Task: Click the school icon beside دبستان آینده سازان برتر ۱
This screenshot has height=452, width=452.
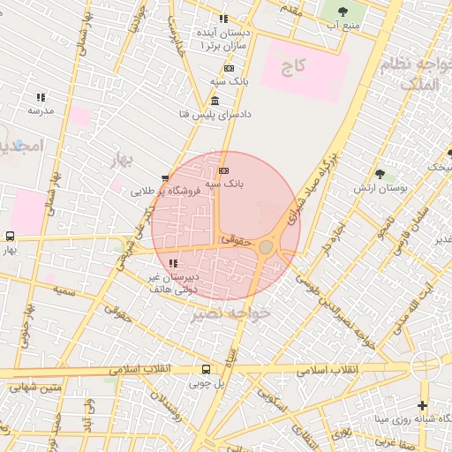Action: click(x=223, y=19)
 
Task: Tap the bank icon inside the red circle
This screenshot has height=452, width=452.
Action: click(x=223, y=170)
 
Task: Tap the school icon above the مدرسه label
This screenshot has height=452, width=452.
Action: click(x=41, y=97)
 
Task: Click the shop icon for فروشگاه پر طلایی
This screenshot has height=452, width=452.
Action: click(x=165, y=178)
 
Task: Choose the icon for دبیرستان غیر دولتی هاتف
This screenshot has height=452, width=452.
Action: click(x=173, y=262)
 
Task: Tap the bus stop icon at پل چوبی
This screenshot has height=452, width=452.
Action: click(x=206, y=369)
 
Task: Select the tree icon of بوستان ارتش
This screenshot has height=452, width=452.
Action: click(x=380, y=174)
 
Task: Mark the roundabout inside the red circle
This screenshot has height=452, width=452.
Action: click(x=266, y=246)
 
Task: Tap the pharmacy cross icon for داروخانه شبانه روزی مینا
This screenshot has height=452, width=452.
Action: click(x=422, y=405)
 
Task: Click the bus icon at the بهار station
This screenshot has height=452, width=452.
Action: click(x=10, y=236)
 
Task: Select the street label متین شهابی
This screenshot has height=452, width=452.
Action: click(x=37, y=385)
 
